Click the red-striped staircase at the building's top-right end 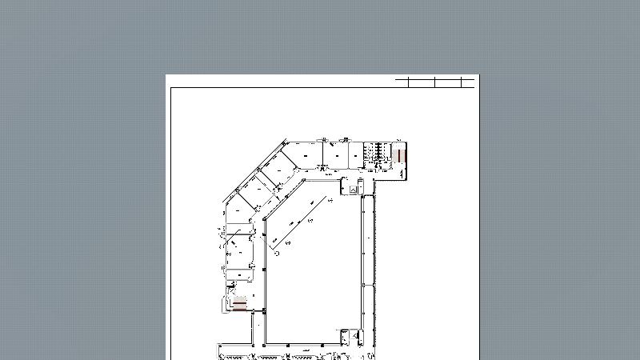click(x=401, y=152)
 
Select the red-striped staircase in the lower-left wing click(x=239, y=303)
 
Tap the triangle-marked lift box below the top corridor click(x=351, y=188)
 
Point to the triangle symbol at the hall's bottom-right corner click(x=346, y=336)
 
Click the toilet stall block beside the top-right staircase click(x=374, y=152)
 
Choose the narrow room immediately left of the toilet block click(x=358, y=153)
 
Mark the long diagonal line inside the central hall click(x=300, y=221)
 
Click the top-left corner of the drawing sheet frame click(x=171, y=87)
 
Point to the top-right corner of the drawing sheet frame click(x=474, y=87)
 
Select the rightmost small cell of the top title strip click(x=469, y=82)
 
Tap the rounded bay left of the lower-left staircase click(x=225, y=304)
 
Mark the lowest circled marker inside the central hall click(x=276, y=253)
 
